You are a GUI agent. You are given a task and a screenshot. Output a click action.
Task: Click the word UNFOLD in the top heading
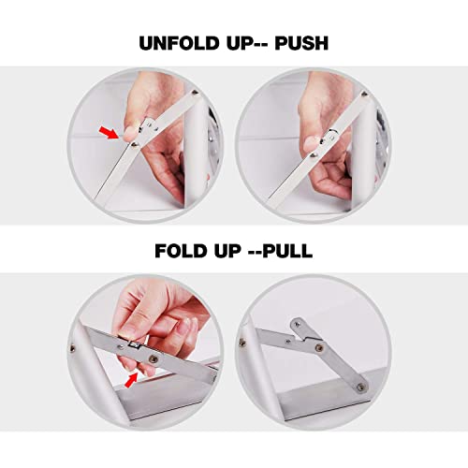(x=179, y=43)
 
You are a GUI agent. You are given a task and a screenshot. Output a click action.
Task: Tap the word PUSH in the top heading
(x=301, y=43)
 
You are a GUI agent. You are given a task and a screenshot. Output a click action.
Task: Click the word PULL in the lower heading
(x=287, y=251)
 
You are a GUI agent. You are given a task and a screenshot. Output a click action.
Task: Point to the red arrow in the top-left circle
(x=109, y=132)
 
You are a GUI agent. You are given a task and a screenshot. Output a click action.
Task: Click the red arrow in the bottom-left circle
(x=131, y=380)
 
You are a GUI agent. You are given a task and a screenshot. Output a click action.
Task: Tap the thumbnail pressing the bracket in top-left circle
(x=130, y=134)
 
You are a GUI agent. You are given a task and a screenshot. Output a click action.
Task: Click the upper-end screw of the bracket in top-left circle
(x=195, y=93)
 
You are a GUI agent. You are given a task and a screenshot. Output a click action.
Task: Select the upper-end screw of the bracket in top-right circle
(x=364, y=94)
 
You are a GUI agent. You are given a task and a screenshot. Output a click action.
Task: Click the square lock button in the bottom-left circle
(x=135, y=344)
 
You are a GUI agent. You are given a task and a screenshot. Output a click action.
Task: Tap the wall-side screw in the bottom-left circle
(x=72, y=348)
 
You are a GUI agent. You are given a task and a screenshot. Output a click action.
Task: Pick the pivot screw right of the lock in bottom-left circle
(x=154, y=359)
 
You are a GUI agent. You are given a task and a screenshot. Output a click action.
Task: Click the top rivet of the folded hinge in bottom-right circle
(x=298, y=325)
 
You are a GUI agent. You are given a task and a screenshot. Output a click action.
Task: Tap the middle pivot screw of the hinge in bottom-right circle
(x=319, y=347)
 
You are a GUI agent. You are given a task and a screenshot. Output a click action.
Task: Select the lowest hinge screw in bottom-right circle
(x=361, y=388)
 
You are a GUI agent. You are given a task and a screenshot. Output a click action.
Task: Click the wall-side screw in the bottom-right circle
(x=241, y=343)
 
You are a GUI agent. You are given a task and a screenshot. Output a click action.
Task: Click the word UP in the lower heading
(x=227, y=251)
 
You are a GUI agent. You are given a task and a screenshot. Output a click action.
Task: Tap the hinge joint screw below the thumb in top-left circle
(x=135, y=144)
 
